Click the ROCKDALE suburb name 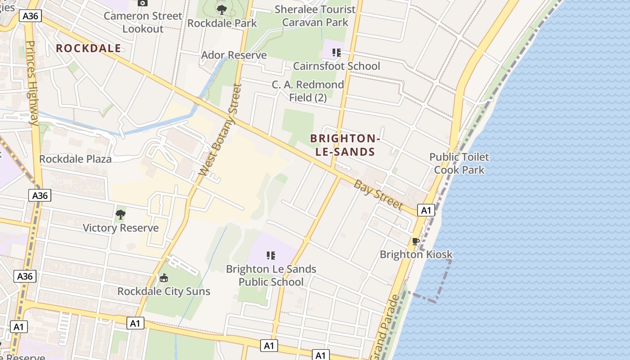point(89,49)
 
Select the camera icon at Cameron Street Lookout point(143,3)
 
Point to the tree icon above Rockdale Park point(221,9)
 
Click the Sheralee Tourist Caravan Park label point(315,15)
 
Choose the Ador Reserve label point(234,55)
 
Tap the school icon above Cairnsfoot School point(336,53)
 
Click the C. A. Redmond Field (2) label point(308,91)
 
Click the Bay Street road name point(378,194)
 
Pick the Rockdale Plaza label point(75,159)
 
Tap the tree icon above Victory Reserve point(120,214)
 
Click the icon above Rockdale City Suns point(164,278)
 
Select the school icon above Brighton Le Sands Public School point(271,256)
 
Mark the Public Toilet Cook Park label point(459,163)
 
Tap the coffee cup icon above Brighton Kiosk point(416,241)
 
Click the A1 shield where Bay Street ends point(426,210)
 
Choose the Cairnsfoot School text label point(337,66)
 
